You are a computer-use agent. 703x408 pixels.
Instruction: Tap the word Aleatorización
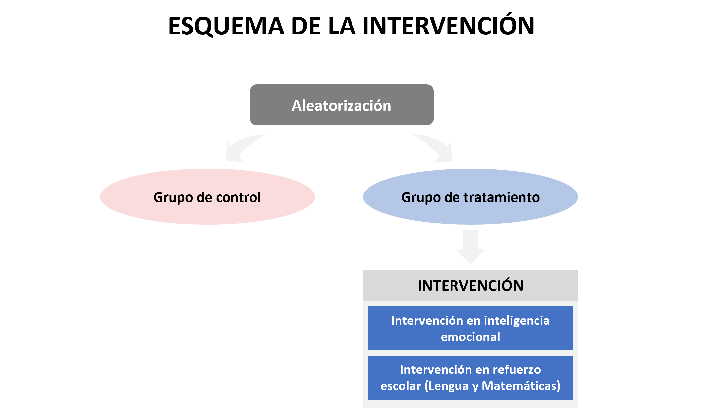click(x=341, y=106)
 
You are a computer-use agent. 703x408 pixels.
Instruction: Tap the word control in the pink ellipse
click(x=238, y=197)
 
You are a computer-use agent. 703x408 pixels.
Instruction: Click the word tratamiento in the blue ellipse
click(x=501, y=197)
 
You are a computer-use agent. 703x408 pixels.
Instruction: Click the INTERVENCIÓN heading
click(x=470, y=286)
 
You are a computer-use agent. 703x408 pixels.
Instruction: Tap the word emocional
click(x=470, y=337)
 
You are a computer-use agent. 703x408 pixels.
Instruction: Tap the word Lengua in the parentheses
click(x=447, y=386)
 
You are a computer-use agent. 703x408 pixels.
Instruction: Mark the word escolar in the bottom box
click(x=400, y=386)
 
